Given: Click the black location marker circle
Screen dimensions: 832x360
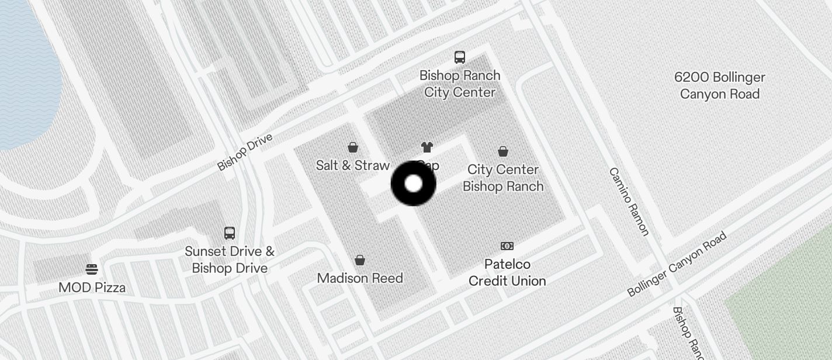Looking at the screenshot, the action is [413, 184].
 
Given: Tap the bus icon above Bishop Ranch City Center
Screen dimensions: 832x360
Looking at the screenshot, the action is [460, 57].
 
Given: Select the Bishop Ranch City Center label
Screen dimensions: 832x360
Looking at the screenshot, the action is [460, 84].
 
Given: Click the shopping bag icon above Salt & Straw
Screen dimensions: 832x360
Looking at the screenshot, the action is [353, 147].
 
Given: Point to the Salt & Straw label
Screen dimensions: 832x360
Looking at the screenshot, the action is [352, 165].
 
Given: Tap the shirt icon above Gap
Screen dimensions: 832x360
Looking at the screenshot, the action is [427, 147].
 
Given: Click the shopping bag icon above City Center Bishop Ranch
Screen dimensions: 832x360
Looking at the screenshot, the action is [503, 151].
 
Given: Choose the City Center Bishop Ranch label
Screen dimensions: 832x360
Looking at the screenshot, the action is [503, 178].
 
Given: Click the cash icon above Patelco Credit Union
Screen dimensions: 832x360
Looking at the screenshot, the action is [507, 246].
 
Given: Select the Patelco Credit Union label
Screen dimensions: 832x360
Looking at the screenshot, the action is [507, 272].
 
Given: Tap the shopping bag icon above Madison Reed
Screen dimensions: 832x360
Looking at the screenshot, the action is [360, 259].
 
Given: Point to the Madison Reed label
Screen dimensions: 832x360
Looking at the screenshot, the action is [360, 278].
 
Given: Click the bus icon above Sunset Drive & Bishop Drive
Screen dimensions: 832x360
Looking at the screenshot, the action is [230, 233].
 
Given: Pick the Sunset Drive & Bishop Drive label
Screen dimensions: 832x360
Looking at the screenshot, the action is [230, 260].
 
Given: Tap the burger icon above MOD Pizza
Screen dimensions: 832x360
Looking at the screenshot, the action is [92, 269].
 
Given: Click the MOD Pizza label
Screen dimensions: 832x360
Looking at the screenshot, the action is [92, 288].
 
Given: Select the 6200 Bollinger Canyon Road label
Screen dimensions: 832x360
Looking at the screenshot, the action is [720, 85].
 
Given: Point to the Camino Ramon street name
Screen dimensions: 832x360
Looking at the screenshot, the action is [629, 201].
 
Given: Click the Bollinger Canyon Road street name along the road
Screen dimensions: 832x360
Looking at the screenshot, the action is [677, 264].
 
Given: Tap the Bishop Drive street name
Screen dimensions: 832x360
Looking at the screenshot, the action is [245, 152].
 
